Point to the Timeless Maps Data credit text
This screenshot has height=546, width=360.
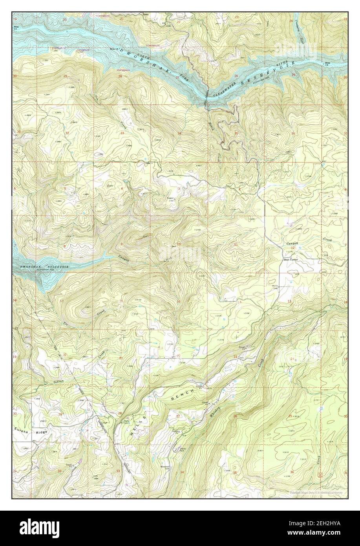(x=316, y=492)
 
